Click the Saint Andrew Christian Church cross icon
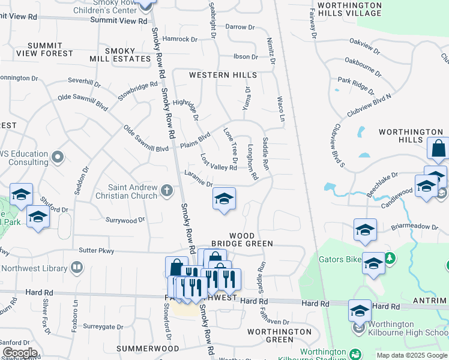point(167,191)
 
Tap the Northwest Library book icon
point(77,266)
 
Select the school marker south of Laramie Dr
point(224,199)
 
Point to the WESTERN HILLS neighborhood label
point(223,75)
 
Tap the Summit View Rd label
point(118,20)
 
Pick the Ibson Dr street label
point(246,57)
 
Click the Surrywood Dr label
point(125,220)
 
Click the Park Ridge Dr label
point(355,86)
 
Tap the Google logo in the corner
point(20,352)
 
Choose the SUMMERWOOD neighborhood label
point(148,348)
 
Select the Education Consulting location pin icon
point(58,157)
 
